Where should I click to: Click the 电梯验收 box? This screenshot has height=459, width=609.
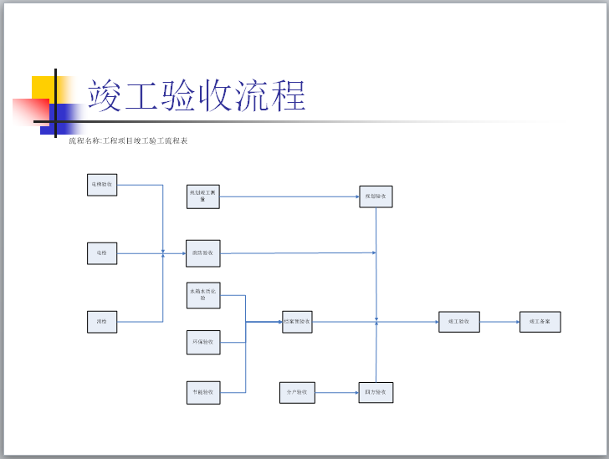102,184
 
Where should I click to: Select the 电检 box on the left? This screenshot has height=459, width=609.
102,252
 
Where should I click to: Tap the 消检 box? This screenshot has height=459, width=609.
102,321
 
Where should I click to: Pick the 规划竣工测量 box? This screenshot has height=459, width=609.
203,196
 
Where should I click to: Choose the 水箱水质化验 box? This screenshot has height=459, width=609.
203,295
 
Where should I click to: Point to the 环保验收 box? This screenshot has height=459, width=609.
203,343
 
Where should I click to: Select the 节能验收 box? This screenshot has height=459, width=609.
203,392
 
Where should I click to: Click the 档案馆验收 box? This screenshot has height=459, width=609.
297,321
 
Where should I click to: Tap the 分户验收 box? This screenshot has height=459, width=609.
297,392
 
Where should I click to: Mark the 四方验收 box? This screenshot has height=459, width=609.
376,392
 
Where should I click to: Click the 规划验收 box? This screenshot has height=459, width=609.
376,196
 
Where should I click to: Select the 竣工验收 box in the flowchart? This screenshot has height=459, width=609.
459,321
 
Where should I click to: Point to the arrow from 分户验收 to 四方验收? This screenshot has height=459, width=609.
337,392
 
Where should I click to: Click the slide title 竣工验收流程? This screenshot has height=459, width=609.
196,95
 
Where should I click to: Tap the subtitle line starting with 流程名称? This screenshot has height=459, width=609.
128,140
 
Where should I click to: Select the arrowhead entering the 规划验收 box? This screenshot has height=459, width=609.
356,197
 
